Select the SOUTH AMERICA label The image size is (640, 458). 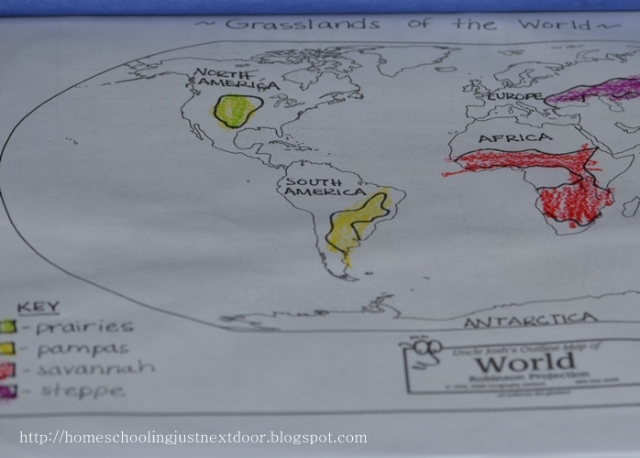314,187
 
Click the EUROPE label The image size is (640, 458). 514,95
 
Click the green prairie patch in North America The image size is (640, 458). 237,111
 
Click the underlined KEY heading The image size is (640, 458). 39,307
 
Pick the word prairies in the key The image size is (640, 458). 84,327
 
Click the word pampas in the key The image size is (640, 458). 83,348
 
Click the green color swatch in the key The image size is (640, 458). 8,327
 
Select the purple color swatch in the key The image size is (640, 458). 8,392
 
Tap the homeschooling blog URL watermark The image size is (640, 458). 193,438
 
